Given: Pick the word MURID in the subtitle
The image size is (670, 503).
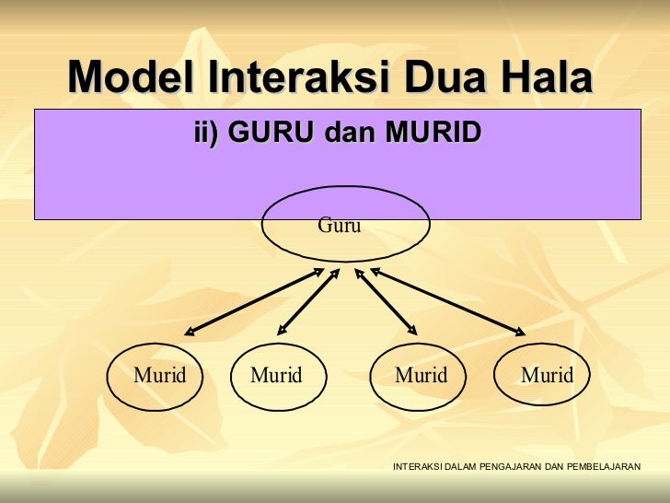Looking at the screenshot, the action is pyautogui.click(x=433, y=133).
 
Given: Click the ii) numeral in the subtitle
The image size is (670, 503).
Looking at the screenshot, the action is pyautogui.click(x=207, y=133).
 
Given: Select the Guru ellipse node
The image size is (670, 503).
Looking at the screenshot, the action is pyautogui.click(x=345, y=226).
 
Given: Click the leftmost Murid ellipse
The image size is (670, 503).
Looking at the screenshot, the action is pyautogui.click(x=160, y=376).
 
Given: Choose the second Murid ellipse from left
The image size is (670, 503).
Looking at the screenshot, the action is pyautogui.click(x=276, y=376).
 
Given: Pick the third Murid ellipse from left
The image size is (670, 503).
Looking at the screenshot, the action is pyautogui.click(x=421, y=376).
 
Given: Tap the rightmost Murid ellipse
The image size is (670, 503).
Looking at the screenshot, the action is pyautogui.click(x=547, y=376).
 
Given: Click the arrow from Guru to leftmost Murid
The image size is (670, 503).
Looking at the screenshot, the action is pyautogui.click(x=254, y=301).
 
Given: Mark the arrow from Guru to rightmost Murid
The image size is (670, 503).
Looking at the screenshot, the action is pyautogui.click(x=447, y=301).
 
